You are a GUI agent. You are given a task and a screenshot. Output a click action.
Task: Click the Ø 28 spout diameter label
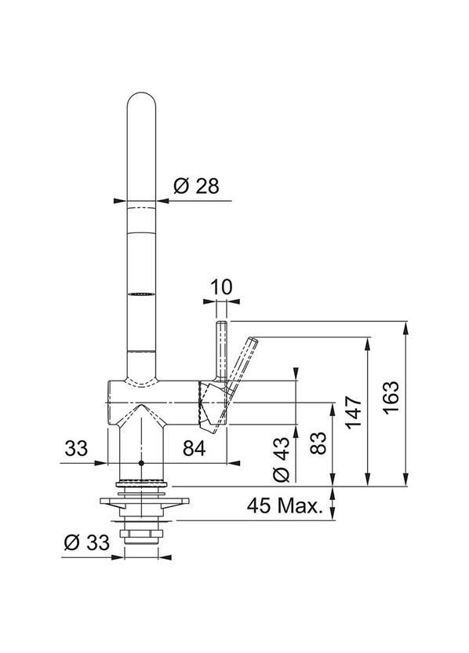click(196, 186)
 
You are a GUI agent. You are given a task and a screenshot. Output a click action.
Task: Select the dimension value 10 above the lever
click(221, 287)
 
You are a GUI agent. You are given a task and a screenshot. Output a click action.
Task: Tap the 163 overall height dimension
click(391, 397)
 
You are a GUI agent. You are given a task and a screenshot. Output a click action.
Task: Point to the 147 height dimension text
click(354, 412)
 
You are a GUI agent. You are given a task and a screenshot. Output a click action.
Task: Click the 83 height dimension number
click(318, 443)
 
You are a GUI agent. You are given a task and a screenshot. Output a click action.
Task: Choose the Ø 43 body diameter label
click(282, 459)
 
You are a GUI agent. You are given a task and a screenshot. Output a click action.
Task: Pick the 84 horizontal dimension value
click(195, 448)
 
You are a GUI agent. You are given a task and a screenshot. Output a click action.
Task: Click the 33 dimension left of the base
click(76, 448)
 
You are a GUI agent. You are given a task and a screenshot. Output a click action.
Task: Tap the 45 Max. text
click(285, 505)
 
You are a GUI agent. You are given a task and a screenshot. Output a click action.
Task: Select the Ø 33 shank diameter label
click(87, 542)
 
